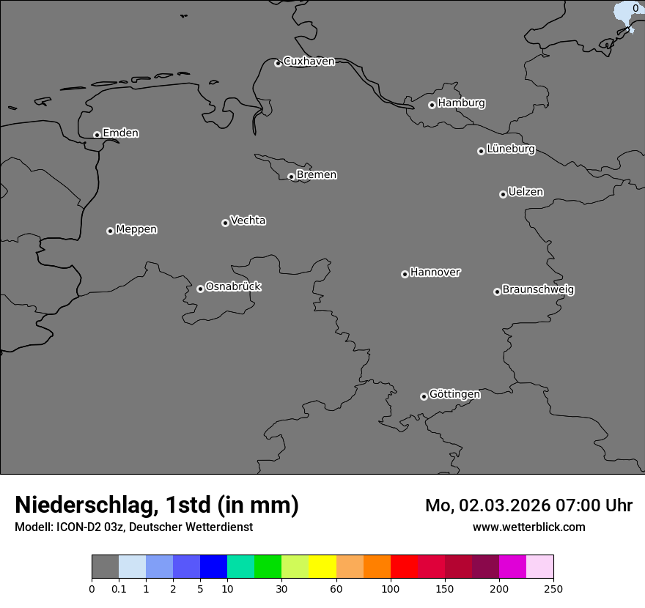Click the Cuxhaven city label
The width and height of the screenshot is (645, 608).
pos(309,62)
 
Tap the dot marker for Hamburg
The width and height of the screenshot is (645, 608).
pos(432,105)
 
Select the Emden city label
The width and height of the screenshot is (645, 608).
pos(120,133)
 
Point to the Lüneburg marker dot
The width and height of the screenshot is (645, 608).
pos(481,151)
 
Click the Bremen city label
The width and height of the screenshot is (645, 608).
pos(317,175)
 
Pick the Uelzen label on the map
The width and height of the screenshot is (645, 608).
pos(526,193)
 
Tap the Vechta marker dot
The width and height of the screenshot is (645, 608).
pos(225,223)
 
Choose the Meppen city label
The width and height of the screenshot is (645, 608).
pos(136,229)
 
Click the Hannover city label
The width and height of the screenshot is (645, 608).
pos(435,273)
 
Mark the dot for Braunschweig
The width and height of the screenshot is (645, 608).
pos(497,292)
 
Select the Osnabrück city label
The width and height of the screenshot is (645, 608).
pos(233,286)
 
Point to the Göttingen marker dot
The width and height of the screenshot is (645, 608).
pos(424,396)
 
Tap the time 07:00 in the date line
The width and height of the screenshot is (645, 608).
pos(563,505)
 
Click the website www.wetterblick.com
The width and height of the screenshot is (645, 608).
pos(529,527)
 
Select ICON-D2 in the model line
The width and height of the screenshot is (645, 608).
pos(80,527)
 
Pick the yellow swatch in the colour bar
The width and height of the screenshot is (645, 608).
pos(322,567)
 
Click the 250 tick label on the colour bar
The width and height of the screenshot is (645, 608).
pos(553,588)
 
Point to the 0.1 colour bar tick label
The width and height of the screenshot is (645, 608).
pos(119,588)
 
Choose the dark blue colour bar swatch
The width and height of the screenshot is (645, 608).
pos(213,567)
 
